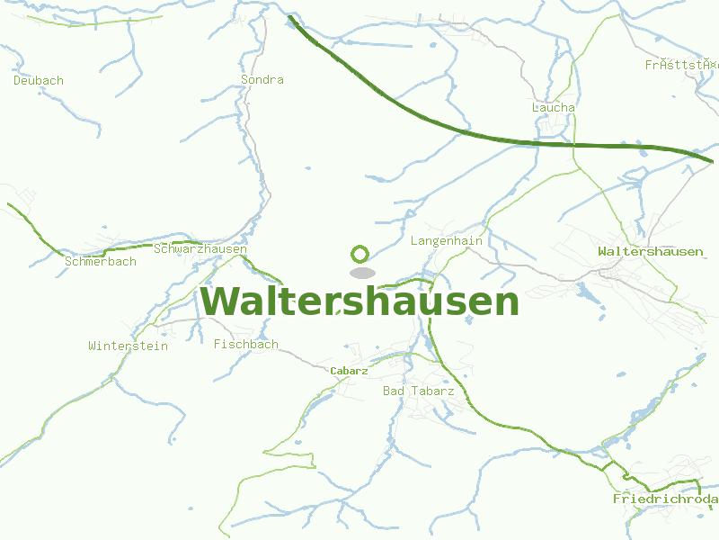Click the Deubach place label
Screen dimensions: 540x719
click(39, 81)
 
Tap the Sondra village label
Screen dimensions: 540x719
click(262, 80)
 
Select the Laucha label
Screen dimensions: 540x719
click(554, 108)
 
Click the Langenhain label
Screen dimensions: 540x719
click(447, 241)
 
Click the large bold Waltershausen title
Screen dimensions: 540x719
click(359, 301)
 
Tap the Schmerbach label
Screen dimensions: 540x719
click(101, 262)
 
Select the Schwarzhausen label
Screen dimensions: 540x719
click(200, 248)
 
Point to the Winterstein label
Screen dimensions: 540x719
click(129, 346)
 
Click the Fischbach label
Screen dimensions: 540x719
click(246, 344)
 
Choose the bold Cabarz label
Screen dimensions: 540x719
click(349, 371)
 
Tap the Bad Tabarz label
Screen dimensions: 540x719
click(419, 391)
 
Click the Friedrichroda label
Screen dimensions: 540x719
click(665, 499)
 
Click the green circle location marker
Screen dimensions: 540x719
click(360, 254)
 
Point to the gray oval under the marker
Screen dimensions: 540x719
click(361, 273)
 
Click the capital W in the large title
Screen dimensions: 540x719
click(220, 301)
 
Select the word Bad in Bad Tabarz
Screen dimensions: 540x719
click(394, 391)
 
